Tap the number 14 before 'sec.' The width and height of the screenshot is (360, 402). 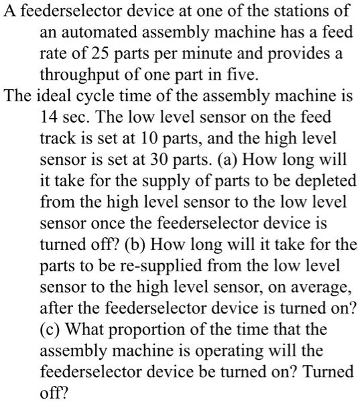[x=50, y=117]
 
